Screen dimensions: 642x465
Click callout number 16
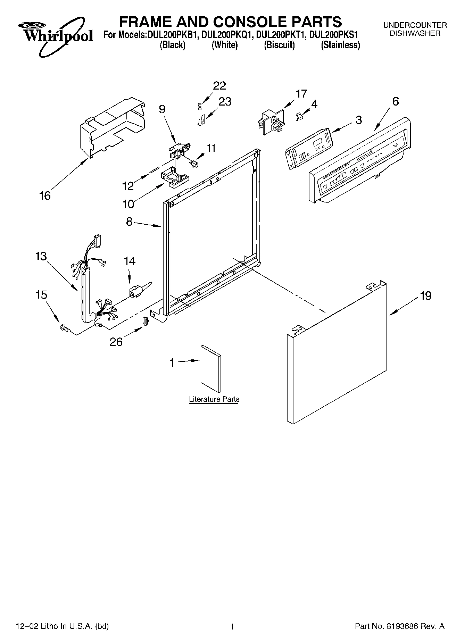tap(45, 196)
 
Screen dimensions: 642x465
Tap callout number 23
tap(225, 102)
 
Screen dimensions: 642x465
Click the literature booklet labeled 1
tap(211, 369)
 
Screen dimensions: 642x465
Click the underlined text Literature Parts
tap(214, 399)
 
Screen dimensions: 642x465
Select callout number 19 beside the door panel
tap(425, 296)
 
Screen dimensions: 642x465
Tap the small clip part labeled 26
tap(146, 321)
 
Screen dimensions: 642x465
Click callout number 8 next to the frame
tap(129, 222)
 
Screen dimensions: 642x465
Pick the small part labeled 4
tap(298, 117)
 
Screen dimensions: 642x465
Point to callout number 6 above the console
tap(396, 101)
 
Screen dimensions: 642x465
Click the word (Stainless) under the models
tap(340, 45)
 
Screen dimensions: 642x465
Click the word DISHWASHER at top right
tap(415, 33)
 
